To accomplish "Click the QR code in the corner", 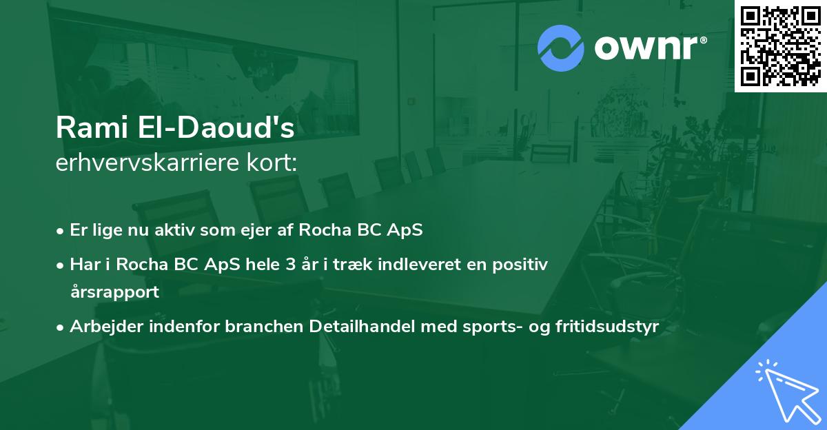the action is pos(780,45).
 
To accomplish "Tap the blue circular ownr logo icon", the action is pos(560,48).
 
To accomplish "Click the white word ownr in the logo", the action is pos(646,48).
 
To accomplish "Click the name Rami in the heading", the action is pos(92,127).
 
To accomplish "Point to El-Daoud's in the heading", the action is pos(216,127).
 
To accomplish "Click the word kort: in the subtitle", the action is pos(272,163).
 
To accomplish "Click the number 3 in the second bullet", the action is pos(291,265).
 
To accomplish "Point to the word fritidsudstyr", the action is pos(607,327).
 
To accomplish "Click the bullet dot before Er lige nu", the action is pos(60,232).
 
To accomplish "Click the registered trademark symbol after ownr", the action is pos(703,40).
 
